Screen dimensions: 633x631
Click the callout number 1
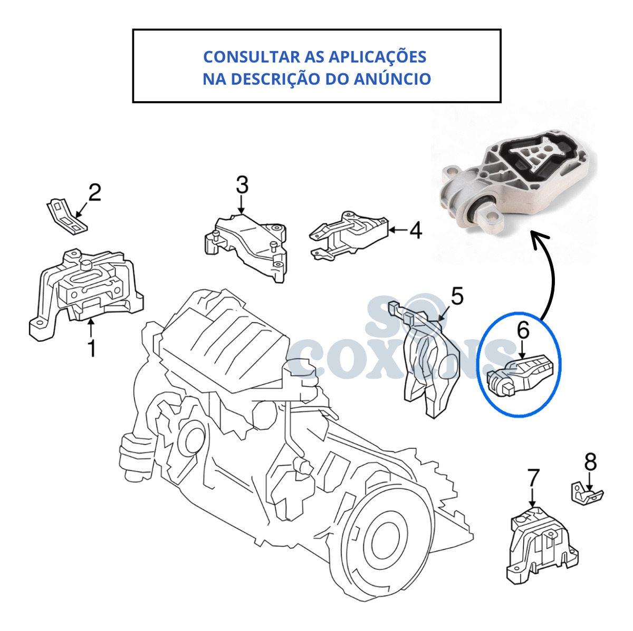click(x=92, y=349)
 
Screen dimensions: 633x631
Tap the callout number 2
click(x=94, y=192)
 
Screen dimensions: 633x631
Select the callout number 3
click(x=242, y=185)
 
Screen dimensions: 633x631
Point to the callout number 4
click(x=416, y=230)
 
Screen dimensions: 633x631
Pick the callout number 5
click(x=457, y=295)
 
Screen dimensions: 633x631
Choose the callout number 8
click(x=590, y=462)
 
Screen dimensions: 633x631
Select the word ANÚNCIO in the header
click(x=392, y=79)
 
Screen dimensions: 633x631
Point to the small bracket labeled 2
click(x=67, y=216)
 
